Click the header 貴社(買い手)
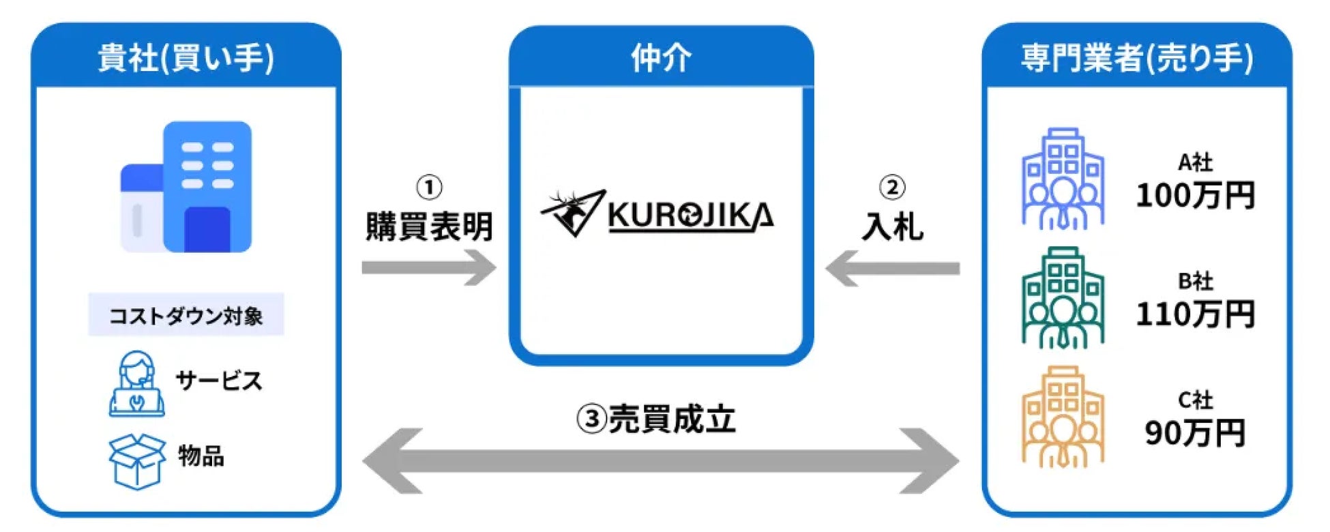186,57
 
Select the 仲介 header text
661,57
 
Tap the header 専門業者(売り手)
1136,57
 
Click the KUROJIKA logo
657,213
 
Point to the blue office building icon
186,187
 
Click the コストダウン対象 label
186,315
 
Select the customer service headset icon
136,383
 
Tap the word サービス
219,381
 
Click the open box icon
137,461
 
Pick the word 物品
201,456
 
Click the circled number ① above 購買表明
429,187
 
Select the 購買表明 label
429,226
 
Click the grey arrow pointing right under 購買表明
429,267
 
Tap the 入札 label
892,226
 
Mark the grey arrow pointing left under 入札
892,268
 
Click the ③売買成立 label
656,419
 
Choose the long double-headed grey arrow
660,461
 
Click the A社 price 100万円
1195,195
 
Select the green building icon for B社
1063,297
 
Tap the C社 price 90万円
1195,432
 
